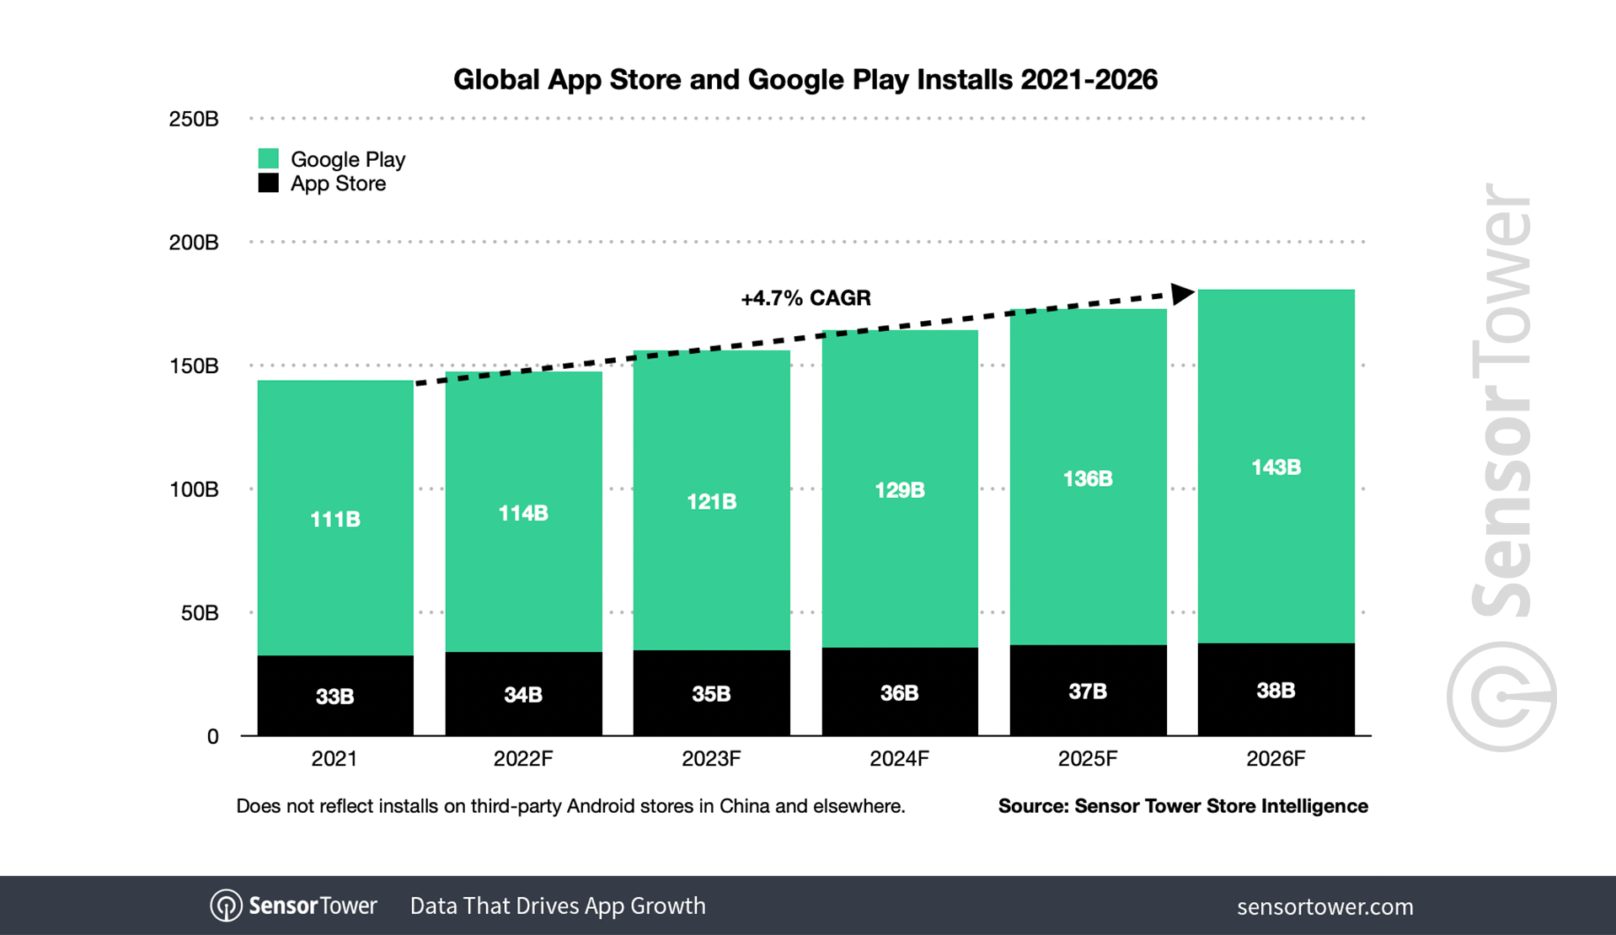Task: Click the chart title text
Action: point(805,79)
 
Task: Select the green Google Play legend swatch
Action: point(268,158)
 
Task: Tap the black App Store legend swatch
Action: point(268,183)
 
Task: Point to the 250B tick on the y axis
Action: point(194,119)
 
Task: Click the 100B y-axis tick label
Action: point(194,489)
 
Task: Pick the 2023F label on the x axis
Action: point(711,759)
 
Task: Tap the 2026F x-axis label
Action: point(1276,759)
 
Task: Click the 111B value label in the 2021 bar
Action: point(335,519)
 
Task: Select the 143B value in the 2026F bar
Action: point(1276,467)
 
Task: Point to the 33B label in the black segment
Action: point(335,697)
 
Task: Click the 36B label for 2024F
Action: point(899,693)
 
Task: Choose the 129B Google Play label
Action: point(899,490)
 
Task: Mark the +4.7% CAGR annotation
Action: point(805,298)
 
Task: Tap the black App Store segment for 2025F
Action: point(1088,691)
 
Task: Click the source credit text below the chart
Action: point(1183,806)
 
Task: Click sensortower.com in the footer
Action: point(1324,906)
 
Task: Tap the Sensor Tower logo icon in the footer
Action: point(226,906)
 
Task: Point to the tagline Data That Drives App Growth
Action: point(558,906)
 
